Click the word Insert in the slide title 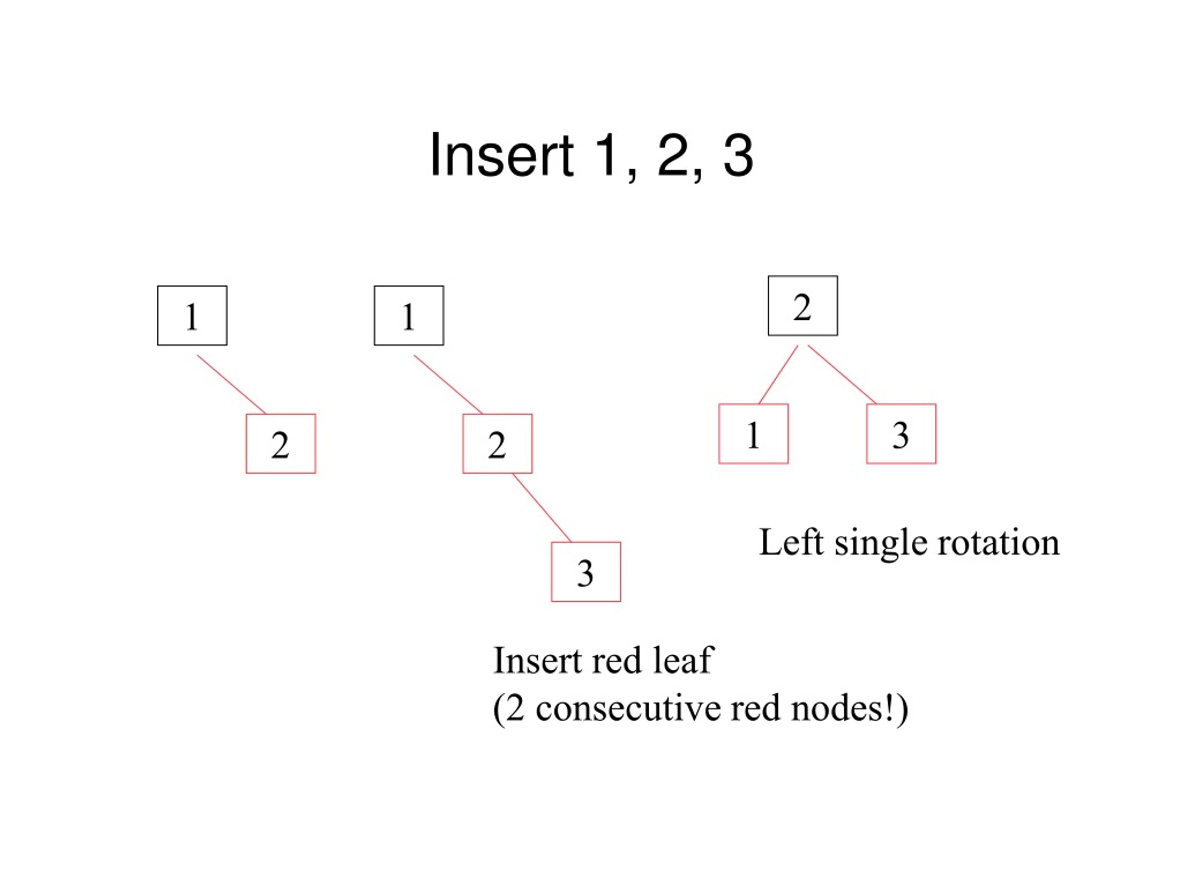click(x=502, y=155)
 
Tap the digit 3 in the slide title click(x=738, y=155)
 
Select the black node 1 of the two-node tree click(x=193, y=316)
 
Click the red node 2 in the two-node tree click(x=281, y=444)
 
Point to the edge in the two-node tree click(x=231, y=384)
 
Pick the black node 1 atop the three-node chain click(x=409, y=316)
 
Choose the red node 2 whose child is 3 click(x=497, y=444)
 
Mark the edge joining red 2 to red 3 click(x=542, y=508)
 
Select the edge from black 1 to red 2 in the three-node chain click(x=448, y=384)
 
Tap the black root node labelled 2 click(x=802, y=306)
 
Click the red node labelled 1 click(x=754, y=434)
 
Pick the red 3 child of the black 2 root click(x=901, y=434)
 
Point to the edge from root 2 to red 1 click(x=778, y=375)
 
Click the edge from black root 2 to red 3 click(x=842, y=375)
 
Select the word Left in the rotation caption click(x=791, y=543)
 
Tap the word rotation click(x=999, y=543)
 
